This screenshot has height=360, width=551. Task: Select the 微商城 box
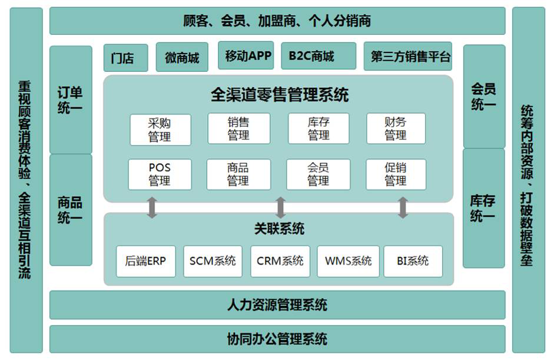tap(182, 58)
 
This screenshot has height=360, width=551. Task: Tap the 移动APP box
tap(248, 56)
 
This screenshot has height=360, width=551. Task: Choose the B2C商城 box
tap(318, 57)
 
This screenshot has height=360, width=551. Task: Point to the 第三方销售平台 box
tap(408, 57)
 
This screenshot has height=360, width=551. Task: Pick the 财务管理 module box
tap(396, 129)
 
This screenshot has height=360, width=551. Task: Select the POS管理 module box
tap(160, 174)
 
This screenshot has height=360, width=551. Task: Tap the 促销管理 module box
tap(396, 174)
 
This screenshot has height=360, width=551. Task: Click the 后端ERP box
tap(145, 261)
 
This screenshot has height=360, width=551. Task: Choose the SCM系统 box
tap(213, 261)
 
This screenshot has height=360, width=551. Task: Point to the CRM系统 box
tap(280, 261)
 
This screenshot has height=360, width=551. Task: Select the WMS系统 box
tap(348, 261)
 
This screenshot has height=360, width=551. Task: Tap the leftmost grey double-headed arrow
tap(152, 208)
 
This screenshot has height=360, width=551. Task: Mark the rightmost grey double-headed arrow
tap(403, 208)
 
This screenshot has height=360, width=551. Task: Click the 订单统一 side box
tap(71, 100)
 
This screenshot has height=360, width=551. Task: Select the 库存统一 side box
tap(483, 208)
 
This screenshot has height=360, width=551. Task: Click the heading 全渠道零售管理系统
tap(279, 95)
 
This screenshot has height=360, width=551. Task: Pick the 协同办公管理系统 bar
tap(277, 339)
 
